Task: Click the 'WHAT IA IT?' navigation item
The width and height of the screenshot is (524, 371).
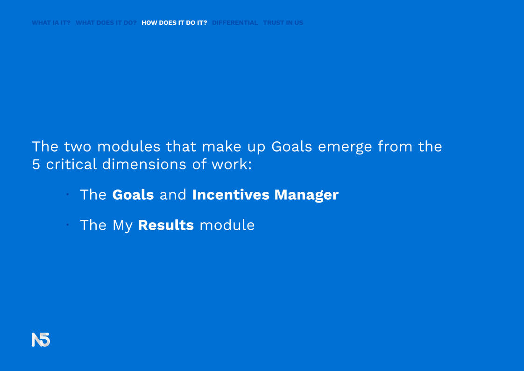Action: [51, 23]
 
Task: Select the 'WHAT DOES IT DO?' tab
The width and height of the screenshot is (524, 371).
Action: [106, 23]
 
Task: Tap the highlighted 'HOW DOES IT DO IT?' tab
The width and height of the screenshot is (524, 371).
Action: [174, 23]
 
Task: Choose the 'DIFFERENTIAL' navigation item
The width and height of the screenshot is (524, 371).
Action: [235, 23]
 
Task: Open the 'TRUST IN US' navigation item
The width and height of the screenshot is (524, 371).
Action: [283, 23]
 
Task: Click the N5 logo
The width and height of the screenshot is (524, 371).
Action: [41, 340]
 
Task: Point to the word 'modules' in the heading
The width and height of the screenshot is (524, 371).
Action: [128, 146]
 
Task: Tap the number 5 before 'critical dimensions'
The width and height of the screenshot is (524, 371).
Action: [36, 164]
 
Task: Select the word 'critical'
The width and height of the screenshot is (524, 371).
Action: [71, 164]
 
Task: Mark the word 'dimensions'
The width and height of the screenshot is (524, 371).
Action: [144, 164]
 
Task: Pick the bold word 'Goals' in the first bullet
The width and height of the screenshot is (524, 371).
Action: [133, 195]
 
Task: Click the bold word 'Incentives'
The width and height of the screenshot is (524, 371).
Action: [231, 195]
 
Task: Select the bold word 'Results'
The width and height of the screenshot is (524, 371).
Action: [166, 226]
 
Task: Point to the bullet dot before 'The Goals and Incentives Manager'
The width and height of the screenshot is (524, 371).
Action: [68, 194]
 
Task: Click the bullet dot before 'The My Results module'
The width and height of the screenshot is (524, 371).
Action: [68, 225]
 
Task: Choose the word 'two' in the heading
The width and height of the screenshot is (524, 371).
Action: [78, 147]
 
